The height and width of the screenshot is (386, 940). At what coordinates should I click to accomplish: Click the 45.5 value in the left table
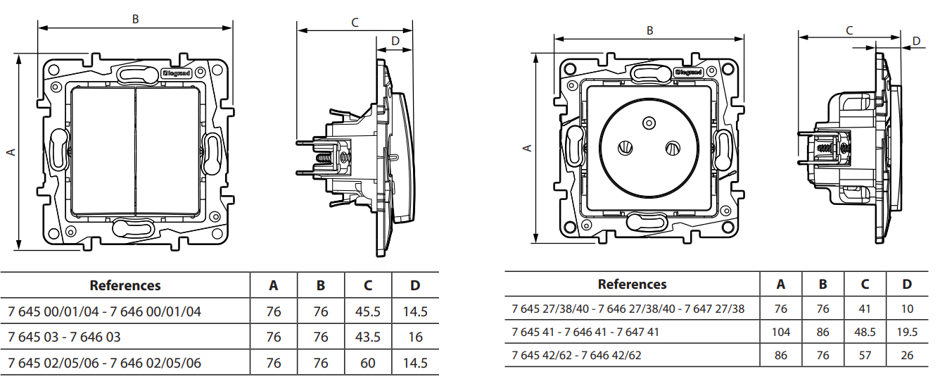pos(368,311)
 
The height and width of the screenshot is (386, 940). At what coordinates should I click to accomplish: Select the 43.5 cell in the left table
pos(368,337)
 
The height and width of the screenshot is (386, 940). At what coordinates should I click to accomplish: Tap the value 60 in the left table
pos(368,363)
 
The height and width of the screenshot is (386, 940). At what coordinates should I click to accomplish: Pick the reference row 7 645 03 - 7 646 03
pos(64,337)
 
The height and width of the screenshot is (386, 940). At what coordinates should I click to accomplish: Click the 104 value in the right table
pos(780,332)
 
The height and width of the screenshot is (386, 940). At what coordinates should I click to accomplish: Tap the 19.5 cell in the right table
pos(907,332)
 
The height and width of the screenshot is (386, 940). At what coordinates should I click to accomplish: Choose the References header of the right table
pos(632,285)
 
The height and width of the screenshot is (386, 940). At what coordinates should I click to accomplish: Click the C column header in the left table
pos(368,286)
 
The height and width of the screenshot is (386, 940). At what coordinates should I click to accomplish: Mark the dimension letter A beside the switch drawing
pos(11,151)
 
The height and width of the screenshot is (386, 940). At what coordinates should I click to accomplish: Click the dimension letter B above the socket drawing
pos(649,30)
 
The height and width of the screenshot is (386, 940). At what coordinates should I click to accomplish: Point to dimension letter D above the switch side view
pos(395,41)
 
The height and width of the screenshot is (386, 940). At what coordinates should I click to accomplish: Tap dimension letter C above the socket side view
pos(849,30)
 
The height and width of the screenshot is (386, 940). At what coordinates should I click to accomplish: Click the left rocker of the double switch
pos(103,152)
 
